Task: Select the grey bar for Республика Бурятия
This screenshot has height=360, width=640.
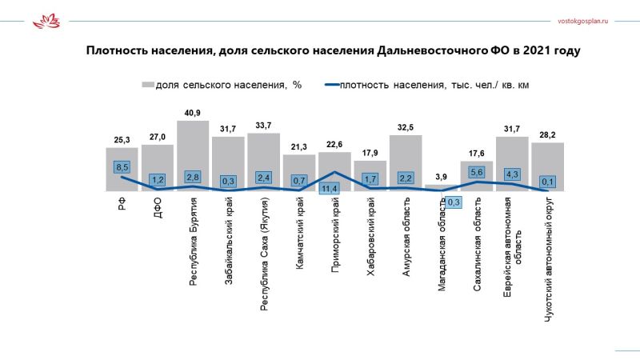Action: [x=193, y=156]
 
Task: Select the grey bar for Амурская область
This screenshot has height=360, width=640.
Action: [x=406, y=163]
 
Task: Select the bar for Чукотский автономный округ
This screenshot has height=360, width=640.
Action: [x=548, y=167]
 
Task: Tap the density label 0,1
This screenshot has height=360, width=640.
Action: [x=548, y=182]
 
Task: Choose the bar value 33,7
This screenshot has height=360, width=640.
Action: [x=264, y=125]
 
